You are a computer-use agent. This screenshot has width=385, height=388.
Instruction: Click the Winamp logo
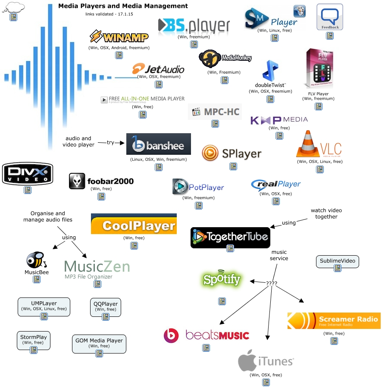pyautogui.click(x=119, y=37)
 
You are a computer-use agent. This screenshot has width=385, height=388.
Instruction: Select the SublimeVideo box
pyautogui.click(x=338, y=262)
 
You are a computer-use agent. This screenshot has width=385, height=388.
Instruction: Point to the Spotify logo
pyautogui.click(x=222, y=279)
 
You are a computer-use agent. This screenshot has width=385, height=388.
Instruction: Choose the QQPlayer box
pyautogui.click(x=106, y=307)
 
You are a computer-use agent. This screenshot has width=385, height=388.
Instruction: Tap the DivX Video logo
pyautogui.click(x=28, y=174)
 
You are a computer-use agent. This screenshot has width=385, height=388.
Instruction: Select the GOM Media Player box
pyautogui.click(x=99, y=344)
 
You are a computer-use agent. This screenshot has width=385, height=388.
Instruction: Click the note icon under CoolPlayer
pyautogui.click(x=134, y=246)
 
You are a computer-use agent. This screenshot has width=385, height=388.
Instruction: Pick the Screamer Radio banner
pyautogui.click(x=334, y=321)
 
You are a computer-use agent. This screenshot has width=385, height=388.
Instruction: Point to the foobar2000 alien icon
pyautogui.click(x=77, y=181)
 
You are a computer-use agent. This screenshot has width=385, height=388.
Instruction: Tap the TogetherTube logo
pyautogui.click(x=230, y=238)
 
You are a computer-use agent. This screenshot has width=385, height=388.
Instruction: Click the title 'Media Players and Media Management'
pyautogui.click(x=123, y=6)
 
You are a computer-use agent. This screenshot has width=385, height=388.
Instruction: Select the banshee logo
pyautogui.click(x=159, y=144)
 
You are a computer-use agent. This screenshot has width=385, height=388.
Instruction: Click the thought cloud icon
pyautogui.click(x=14, y=7)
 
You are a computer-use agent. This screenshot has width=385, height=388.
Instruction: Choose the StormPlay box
pyautogui.click(x=33, y=340)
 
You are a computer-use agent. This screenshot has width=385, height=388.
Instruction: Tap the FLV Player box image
pyautogui.click(x=319, y=68)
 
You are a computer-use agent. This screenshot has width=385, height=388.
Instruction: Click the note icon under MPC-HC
pyautogui.click(x=215, y=124)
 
